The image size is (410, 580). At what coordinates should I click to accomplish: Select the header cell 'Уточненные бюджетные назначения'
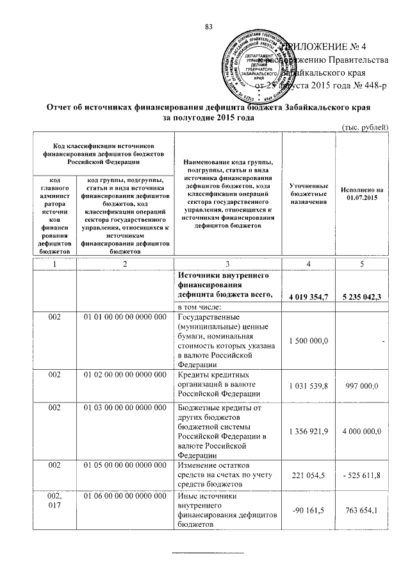click(x=308, y=192)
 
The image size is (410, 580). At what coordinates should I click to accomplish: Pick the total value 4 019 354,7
click(x=308, y=296)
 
